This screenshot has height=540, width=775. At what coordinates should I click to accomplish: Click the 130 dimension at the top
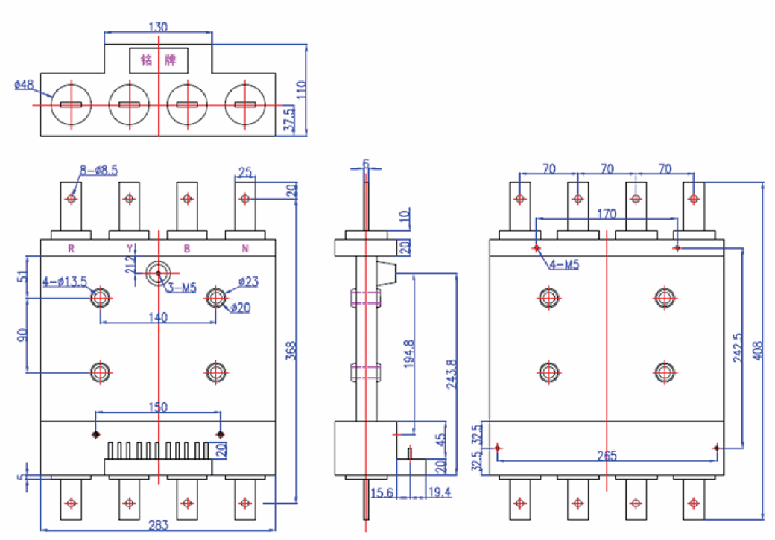158,27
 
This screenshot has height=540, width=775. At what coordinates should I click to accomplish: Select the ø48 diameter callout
24,85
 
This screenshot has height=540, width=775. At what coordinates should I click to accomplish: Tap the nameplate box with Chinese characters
159,59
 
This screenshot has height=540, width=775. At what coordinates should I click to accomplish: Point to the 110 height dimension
301,87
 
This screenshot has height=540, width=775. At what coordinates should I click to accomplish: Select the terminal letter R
71,248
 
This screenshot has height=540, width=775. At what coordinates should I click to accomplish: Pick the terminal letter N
244,248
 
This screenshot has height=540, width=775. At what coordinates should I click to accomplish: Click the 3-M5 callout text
181,288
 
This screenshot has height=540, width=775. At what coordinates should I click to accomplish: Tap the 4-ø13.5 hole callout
66,282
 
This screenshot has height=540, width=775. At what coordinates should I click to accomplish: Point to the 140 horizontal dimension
158,317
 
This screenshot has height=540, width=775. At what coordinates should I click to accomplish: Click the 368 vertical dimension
291,350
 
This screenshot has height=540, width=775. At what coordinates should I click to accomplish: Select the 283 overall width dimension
158,525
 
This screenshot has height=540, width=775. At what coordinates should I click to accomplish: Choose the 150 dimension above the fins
158,407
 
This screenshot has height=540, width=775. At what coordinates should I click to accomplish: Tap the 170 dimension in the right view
607,215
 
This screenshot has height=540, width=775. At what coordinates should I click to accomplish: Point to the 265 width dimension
607,456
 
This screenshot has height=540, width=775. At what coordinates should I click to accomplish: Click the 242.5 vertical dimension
737,346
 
